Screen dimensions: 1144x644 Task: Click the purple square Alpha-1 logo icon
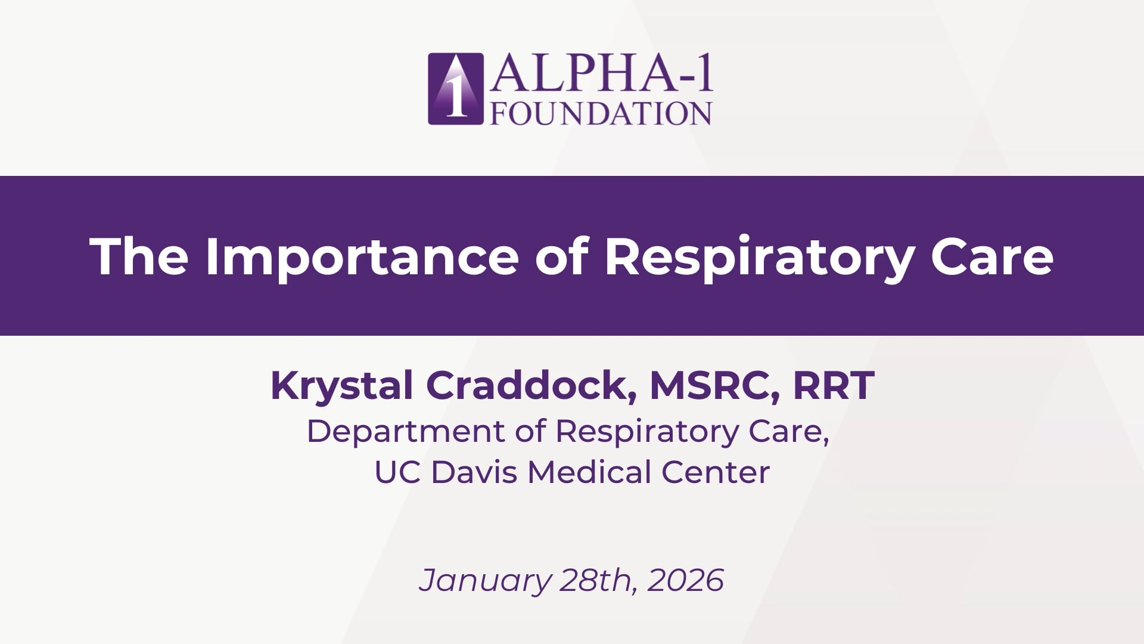coord(456,89)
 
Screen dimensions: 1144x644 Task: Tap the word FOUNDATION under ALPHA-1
coord(601,113)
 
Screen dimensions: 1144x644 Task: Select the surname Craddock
coord(530,386)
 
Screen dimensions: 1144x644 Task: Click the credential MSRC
coord(714,386)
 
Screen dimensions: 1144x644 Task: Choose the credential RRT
coord(834,385)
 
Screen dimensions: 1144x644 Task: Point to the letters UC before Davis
coord(398,472)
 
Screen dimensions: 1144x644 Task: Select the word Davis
coord(474,472)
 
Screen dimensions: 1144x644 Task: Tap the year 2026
coord(686,580)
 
